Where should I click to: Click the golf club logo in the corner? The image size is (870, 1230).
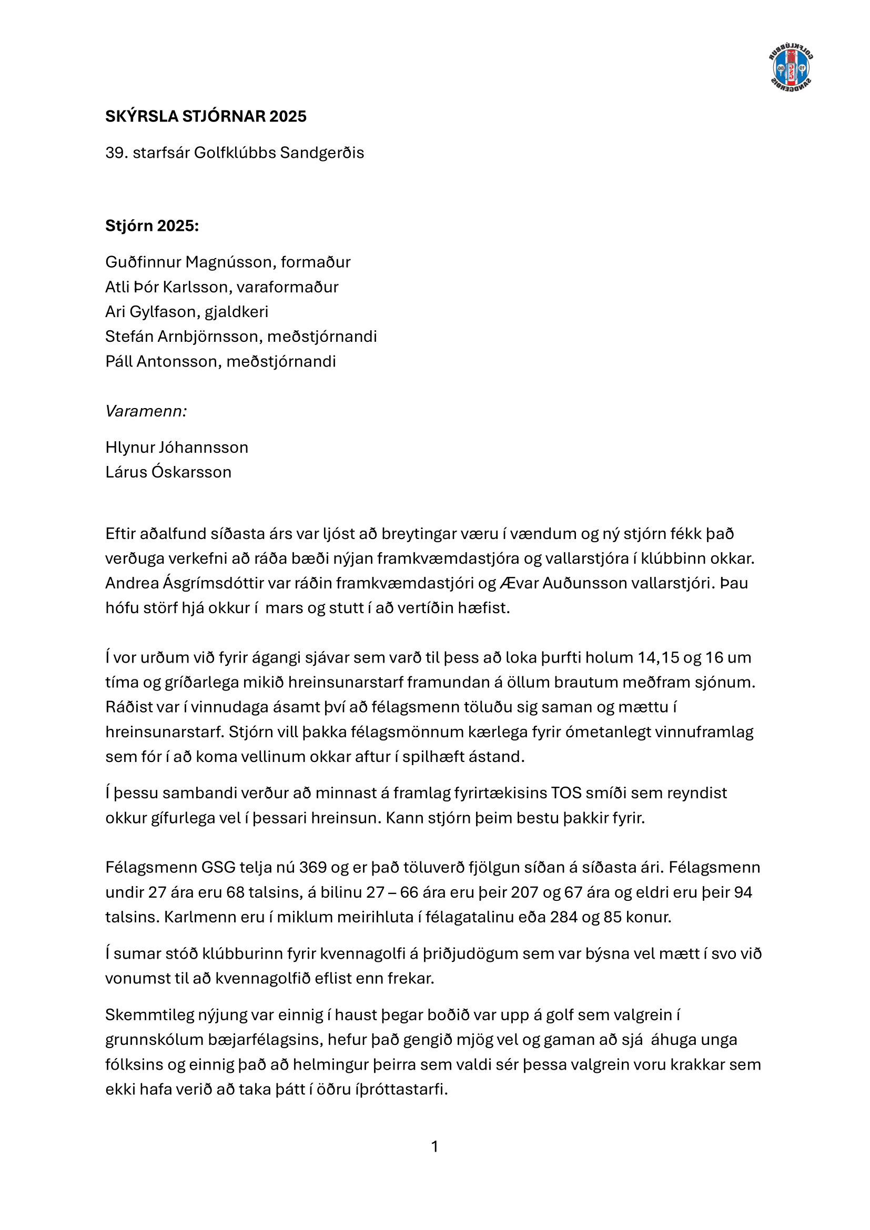point(791,68)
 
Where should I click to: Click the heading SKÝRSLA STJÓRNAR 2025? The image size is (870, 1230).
point(206,116)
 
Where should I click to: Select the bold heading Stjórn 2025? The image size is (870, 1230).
point(151,226)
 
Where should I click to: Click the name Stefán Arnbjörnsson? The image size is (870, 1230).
point(183,337)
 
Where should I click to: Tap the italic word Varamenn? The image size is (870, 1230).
point(146,411)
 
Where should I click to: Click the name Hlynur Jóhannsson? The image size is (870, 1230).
point(177,448)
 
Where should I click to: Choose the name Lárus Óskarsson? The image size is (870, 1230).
point(168,472)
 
